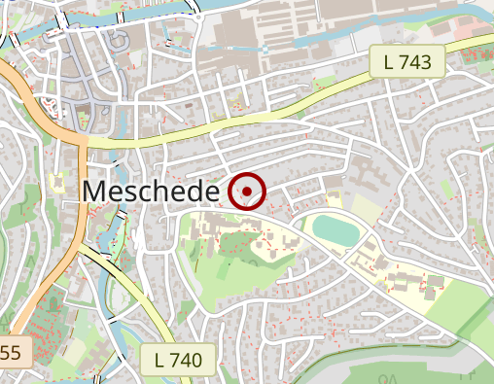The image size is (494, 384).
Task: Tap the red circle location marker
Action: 247,192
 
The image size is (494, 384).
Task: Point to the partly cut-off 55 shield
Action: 14,352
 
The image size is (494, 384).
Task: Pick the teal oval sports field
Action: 335,231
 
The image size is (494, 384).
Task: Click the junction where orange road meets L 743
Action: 82,140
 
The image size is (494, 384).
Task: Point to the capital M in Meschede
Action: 95,192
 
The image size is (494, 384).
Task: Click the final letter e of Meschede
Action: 207,192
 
